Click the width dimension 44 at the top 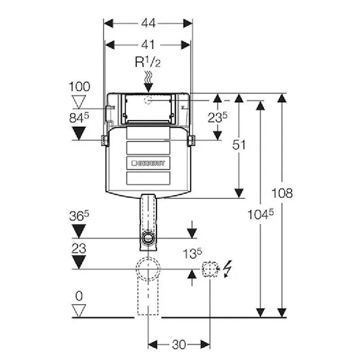pyautogui.click(x=148, y=23)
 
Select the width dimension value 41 pyautogui.click(x=148, y=45)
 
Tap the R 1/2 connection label pyautogui.click(x=148, y=62)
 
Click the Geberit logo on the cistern pyautogui.click(x=148, y=163)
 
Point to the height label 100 pyautogui.click(x=80, y=87)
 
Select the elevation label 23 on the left pyautogui.click(x=79, y=248)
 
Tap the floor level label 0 pyautogui.click(x=79, y=296)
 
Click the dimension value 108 pyautogui.click(x=282, y=193)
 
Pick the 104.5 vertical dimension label pyautogui.click(x=261, y=215)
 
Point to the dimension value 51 pyautogui.click(x=239, y=145)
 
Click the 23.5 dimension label pyautogui.click(x=217, y=117)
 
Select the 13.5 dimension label pyautogui.click(x=193, y=254)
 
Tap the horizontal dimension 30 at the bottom pyautogui.click(x=179, y=344)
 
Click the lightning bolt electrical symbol pyautogui.click(x=227, y=269)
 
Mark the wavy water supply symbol pyautogui.click(x=148, y=77)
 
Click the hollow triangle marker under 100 pyautogui.click(x=79, y=102)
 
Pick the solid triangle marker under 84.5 pyautogui.click(x=79, y=133)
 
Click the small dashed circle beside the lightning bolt pyautogui.click(x=209, y=269)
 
